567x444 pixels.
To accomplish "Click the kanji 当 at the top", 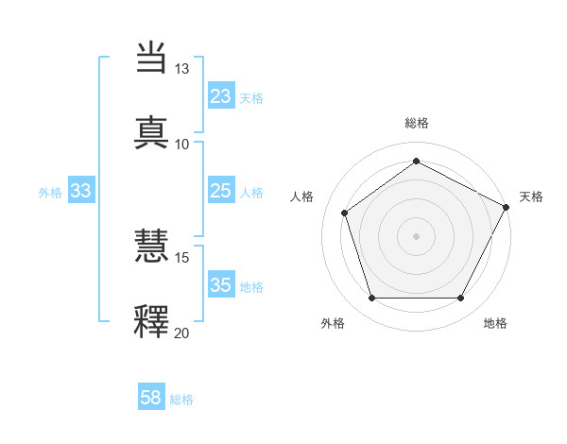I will pyautogui.click(x=152, y=59).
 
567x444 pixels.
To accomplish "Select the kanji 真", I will pyautogui.click(x=152, y=131).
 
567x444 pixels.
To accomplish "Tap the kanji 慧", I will pyautogui.click(x=152, y=247).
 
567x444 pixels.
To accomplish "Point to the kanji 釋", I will pyautogui.click(x=152, y=319).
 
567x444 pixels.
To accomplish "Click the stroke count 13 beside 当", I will pyautogui.click(x=181, y=69).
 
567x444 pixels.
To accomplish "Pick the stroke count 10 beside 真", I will pyautogui.click(x=181, y=144).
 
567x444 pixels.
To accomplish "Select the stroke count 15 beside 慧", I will pyautogui.click(x=181, y=257).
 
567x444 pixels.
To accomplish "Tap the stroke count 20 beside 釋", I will pyautogui.click(x=181, y=332).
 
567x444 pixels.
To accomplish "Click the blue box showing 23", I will pyautogui.click(x=220, y=96).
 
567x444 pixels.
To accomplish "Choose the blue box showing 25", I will pyautogui.click(x=220, y=192).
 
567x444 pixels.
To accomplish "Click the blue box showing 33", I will pyautogui.click(x=81, y=192).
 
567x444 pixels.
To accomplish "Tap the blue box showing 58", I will pyautogui.click(x=151, y=399).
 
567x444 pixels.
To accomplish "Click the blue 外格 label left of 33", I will pyautogui.click(x=50, y=193).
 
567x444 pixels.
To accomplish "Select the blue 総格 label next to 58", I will pyautogui.click(x=181, y=400).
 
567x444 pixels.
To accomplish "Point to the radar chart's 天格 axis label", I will pyautogui.click(x=531, y=196).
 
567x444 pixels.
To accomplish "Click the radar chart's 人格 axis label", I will pyautogui.click(x=301, y=196).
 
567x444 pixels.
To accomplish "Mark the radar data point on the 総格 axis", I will pyautogui.click(x=416, y=162).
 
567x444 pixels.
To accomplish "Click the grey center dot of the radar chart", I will pyautogui.click(x=416, y=235).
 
